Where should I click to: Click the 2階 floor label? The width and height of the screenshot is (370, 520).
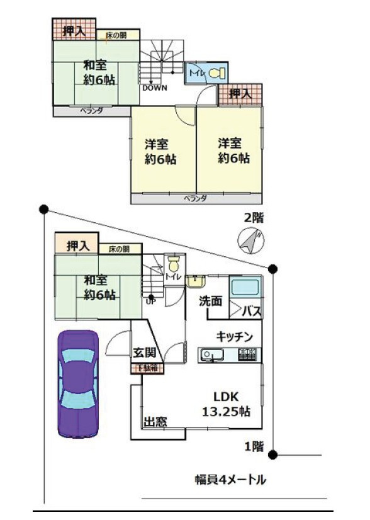pyautogui.click(x=254, y=218)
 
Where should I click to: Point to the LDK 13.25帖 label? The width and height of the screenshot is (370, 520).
pyautogui.click(x=227, y=404)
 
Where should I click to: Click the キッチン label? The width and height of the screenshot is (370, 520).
pyautogui.click(x=234, y=337)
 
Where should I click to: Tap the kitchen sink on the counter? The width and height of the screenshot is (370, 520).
pyautogui.click(x=210, y=356)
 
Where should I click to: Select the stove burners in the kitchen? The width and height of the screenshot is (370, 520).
pyautogui.click(x=247, y=356)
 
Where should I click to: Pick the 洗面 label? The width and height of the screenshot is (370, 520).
pyautogui.click(x=211, y=302)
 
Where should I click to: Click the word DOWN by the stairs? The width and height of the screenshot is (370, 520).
pyautogui.click(x=154, y=88)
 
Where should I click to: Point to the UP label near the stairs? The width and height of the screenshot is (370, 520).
pyautogui.click(x=151, y=301)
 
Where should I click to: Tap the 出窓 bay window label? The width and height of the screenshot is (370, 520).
pyautogui.click(x=155, y=422)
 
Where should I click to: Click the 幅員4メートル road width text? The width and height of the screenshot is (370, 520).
pyautogui.click(x=230, y=480)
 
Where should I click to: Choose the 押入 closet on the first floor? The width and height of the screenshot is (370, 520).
pyautogui.click(x=76, y=244)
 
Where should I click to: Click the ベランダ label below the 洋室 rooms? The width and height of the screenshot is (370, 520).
pyautogui.click(x=196, y=198)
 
